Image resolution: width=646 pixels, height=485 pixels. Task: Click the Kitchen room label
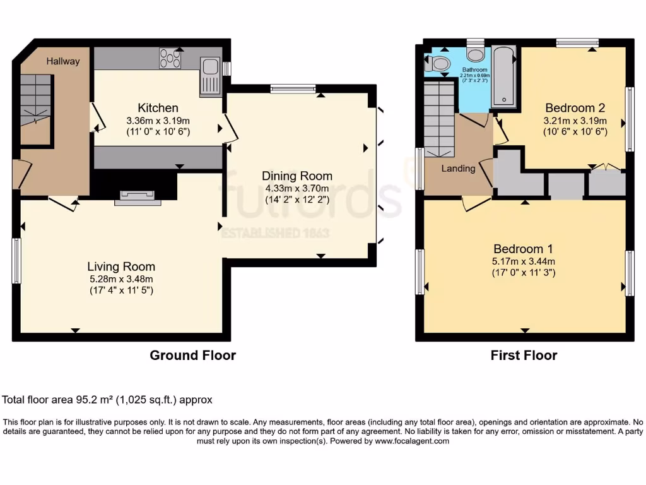point(158,108)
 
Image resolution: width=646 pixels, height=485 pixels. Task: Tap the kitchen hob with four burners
point(170,59)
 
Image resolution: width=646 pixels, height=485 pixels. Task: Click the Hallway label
point(63,61)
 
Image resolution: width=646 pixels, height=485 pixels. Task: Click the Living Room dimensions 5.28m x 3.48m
point(121,278)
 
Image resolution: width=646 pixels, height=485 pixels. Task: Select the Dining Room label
point(297,176)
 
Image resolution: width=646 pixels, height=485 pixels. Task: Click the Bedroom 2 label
point(575,107)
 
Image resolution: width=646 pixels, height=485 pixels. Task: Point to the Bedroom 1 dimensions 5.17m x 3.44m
point(524,261)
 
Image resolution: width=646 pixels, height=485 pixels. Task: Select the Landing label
point(458,169)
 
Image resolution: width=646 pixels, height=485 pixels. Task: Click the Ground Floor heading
point(192,356)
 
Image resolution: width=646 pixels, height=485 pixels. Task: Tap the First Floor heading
point(524,356)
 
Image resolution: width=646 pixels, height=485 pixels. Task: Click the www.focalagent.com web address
point(412,441)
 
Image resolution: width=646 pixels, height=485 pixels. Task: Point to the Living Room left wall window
point(17,260)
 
